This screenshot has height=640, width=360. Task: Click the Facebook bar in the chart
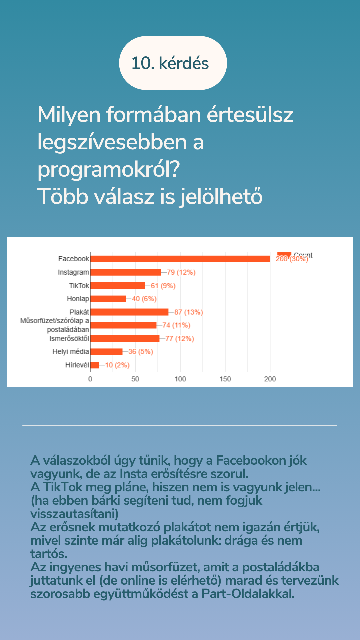[180, 259]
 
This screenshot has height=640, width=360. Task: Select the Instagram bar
[126, 272]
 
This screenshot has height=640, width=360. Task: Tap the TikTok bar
[118, 286]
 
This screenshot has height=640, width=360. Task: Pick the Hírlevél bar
[95, 365]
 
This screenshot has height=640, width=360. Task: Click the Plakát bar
[129, 312]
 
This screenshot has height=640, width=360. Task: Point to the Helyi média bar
[106, 352]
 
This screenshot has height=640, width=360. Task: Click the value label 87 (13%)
[189, 312]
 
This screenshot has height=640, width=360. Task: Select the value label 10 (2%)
[117, 365]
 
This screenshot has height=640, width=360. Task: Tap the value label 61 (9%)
[163, 286]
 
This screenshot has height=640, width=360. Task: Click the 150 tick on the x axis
[225, 379]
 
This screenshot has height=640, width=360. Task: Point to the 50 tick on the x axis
[135, 379]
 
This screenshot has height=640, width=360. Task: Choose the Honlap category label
[78, 299]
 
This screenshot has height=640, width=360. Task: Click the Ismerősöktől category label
[69, 339]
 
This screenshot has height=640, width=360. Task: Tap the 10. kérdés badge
[173, 63]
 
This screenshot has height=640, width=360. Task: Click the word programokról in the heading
[109, 169]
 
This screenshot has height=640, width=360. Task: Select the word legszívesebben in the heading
[112, 142]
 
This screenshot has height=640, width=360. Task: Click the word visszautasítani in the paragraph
[74, 514]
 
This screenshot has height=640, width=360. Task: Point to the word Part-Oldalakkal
[248, 594]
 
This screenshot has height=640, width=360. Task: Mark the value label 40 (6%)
[144, 299]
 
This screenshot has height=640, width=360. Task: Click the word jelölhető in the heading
[221, 196]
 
